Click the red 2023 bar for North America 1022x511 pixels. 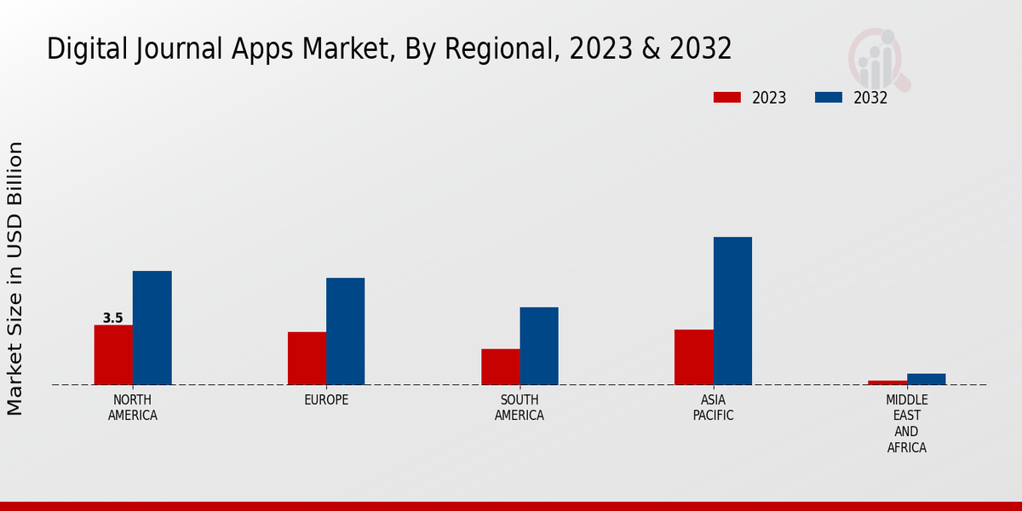click(113, 354)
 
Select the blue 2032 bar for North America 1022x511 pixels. click(152, 328)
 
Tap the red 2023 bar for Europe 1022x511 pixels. click(307, 358)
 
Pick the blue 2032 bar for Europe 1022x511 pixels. click(345, 331)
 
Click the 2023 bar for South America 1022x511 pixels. click(500, 366)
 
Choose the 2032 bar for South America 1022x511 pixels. click(539, 346)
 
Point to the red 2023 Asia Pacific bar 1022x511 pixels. click(693, 357)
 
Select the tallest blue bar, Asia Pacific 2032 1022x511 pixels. click(732, 311)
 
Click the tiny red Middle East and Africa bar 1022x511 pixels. click(887, 382)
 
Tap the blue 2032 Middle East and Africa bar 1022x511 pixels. click(926, 379)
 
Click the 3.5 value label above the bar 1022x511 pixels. click(112, 319)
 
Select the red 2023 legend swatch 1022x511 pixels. click(727, 97)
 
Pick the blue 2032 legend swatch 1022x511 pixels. click(828, 97)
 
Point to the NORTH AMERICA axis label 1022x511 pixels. click(133, 408)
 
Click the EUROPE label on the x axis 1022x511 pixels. click(326, 400)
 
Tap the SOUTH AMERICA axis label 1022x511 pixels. click(520, 408)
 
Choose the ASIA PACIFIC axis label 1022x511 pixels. click(713, 408)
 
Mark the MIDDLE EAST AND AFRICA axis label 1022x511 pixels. click(907, 423)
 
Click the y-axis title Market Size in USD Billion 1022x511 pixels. click(15, 278)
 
